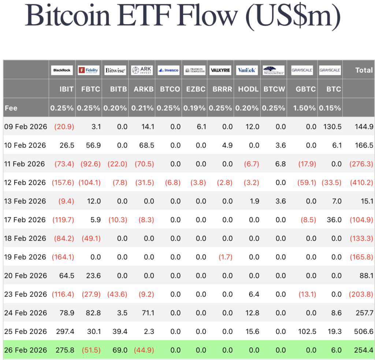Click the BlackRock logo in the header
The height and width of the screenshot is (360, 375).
[62, 70]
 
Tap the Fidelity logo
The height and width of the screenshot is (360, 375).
[89, 70]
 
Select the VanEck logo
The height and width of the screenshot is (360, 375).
[247, 70]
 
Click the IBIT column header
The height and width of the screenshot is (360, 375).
[67, 89]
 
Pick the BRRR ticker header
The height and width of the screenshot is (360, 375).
[222, 89]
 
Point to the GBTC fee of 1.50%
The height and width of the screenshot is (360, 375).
[304, 108]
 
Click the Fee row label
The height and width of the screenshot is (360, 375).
[11, 108]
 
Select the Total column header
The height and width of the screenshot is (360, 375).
[364, 70]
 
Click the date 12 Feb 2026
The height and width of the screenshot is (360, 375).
[25, 183]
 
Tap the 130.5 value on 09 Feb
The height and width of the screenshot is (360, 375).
[333, 126]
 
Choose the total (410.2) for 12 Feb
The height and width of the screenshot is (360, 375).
[361, 183]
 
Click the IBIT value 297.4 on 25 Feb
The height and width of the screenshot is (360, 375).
[65, 331]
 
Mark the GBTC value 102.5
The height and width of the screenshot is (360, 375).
[307, 331]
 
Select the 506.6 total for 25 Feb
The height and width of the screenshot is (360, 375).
[364, 331]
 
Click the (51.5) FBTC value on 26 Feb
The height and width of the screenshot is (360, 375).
[91, 350]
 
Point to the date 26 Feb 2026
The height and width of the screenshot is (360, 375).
[26, 350]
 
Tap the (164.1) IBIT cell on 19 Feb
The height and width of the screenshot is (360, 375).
[63, 257]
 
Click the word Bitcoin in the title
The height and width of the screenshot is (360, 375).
[68, 15]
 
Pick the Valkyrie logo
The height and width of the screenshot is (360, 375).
[220, 70]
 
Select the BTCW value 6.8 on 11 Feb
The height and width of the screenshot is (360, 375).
[281, 164]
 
